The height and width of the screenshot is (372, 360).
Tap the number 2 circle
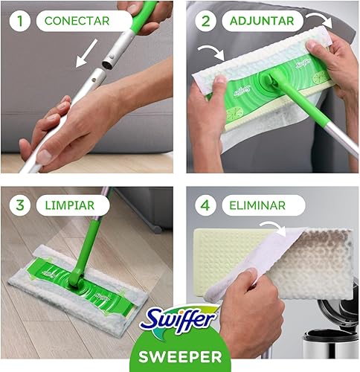pyautogui.click(x=205, y=21)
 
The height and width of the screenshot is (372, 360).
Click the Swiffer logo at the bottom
pyautogui.click(x=180, y=325)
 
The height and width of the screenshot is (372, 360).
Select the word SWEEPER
pyautogui.click(x=180, y=355)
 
